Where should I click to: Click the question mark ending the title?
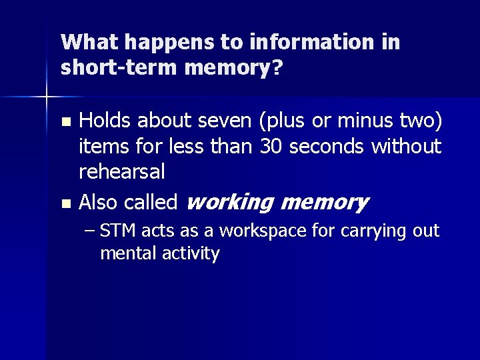pos(276,68)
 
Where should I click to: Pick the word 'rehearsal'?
pos(121,171)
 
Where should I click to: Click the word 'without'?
pos(407,146)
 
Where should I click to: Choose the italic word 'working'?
pos(228,202)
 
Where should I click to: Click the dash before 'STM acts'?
pos(91,231)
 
